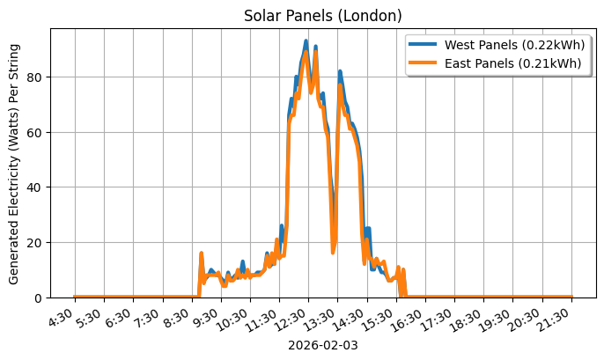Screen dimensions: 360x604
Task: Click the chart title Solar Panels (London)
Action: click(323, 16)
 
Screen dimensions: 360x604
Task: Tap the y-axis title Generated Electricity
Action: click(14, 163)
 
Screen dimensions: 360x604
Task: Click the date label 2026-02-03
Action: click(323, 345)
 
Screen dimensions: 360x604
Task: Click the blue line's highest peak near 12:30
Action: click(306, 40)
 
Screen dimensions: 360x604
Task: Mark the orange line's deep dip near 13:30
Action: click(333, 252)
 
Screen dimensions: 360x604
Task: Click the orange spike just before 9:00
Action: click(202, 253)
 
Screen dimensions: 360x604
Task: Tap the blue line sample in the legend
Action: click(424, 45)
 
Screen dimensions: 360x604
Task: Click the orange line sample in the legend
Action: click(424, 62)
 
